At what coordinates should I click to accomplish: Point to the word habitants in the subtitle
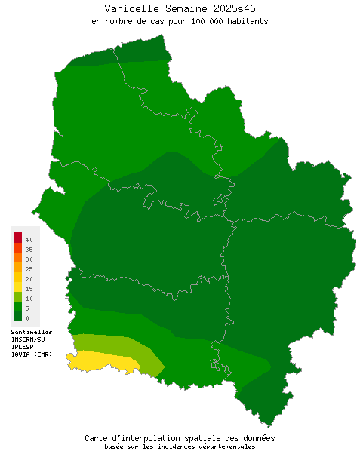[x=248, y=21]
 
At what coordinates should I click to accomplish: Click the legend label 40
[x=29, y=239]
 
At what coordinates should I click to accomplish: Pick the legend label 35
[x=29, y=249]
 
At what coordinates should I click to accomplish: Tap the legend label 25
[x=29, y=268]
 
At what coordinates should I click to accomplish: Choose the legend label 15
[x=29, y=289]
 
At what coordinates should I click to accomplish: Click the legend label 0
[x=27, y=318]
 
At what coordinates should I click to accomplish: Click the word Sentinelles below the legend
[x=32, y=332]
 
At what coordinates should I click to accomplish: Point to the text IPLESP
[x=23, y=347]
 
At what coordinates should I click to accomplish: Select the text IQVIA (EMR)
[x=32, y=354]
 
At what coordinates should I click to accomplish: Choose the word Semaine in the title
[x=180, y=8]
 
